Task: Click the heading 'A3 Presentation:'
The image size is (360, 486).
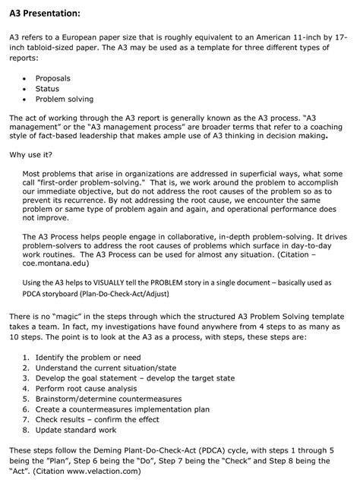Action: pyautogui.click(x=46, y=14)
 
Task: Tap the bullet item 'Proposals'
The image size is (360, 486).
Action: pyautogui.click(x=54, y=78)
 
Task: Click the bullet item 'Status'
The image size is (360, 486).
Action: pyautogui.click(x=47, y=89)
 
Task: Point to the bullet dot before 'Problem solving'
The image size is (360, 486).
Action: pyautogui.click(x=27, y=99)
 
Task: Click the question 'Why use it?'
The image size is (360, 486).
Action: pyautogui.click(x=30, y=155)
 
